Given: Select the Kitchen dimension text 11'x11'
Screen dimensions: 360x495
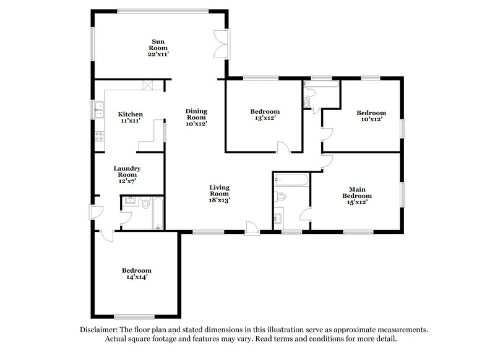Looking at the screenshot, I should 131,121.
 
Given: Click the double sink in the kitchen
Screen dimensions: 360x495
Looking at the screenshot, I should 98,109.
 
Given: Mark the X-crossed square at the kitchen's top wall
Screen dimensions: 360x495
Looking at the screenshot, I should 147,85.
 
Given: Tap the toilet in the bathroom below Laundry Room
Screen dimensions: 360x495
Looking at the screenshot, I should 145,203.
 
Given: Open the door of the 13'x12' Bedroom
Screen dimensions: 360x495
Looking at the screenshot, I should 283,147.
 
